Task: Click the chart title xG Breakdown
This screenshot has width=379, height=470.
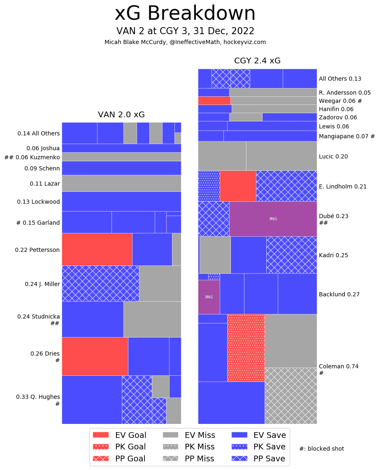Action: (x=185, y=14)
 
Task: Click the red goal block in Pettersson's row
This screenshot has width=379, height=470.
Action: (x=97, y=249)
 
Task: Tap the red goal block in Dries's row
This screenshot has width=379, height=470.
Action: (x=95, y=356)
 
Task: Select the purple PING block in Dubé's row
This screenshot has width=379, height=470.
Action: (x=273, y=219)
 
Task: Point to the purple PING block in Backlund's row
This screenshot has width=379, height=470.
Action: (x=209, y=297)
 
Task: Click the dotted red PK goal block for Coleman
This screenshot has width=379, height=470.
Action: (x=246, y=348)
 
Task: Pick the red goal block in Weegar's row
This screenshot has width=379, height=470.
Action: (x=214, y=101)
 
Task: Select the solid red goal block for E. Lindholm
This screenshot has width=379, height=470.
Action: (x=238, y=186)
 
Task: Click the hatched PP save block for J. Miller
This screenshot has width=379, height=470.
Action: (x=100, y=283)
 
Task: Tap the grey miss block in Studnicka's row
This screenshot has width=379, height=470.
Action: (x=152, y=319)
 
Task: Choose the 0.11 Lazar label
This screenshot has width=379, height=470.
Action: (x=44, y=184)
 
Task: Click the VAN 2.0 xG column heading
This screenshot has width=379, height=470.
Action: (x=121, y=115)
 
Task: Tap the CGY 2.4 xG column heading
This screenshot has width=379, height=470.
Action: (x=257, y=61)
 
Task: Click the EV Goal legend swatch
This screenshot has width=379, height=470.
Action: (x=101, y=435)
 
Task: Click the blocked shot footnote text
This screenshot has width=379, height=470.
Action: (x=321, y=449)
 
